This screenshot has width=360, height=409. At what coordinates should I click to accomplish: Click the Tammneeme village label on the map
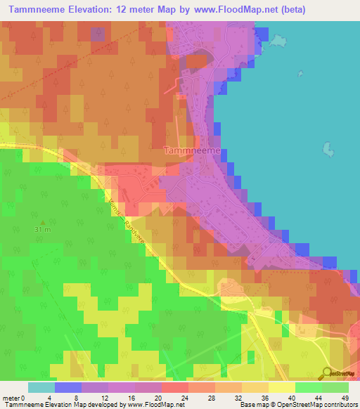[192, 150]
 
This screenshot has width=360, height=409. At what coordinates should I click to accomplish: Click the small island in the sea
[327, 149]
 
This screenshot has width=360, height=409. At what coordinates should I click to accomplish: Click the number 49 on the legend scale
[345, 398]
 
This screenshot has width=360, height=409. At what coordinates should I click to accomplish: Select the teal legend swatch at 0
[41, 387]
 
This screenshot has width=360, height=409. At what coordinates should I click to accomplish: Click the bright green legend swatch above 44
[308, 387]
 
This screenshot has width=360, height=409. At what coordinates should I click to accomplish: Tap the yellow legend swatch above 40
[282, 387]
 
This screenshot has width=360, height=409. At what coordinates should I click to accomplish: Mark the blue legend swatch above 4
[68, 387]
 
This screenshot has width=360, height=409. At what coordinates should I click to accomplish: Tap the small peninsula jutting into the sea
[278, 42]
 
